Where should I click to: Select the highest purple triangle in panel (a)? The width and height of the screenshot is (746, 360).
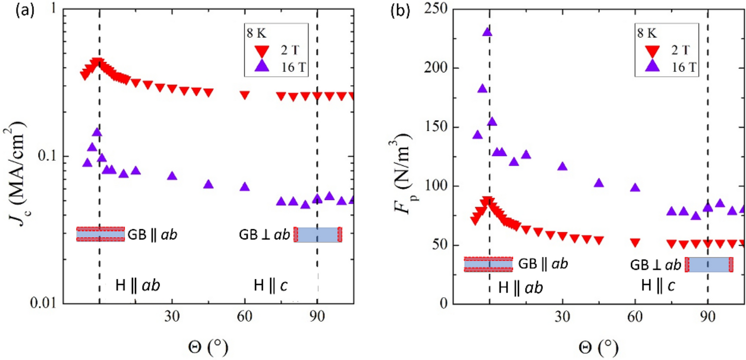click(x=97, y=132)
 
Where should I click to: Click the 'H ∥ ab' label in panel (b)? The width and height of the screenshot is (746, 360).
click(x=520, y=288)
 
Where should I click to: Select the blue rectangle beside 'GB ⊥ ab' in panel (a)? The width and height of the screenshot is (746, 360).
click(x=318, y=234)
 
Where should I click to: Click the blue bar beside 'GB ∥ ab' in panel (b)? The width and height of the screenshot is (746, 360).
click(x=488, y=264)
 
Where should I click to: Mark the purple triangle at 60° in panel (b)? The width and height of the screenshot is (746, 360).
click(x=635, y=188)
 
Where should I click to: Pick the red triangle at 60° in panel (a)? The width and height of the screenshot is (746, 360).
click(x=244, y=95)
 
